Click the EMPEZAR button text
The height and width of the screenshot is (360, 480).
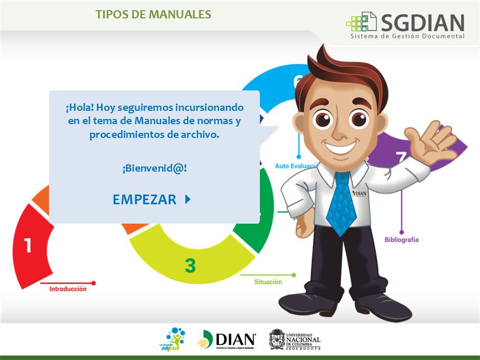point(145,200)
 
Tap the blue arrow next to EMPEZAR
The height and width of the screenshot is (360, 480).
point(187,199)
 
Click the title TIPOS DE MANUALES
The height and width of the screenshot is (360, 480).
point(153,14)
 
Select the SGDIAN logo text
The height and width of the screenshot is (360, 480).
point(422,22)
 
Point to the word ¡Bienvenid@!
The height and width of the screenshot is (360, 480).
point(154,168)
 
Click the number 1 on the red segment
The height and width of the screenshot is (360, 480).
point(28,246)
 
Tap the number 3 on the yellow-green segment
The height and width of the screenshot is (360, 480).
point(190,266)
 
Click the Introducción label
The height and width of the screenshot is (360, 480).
point(68,289)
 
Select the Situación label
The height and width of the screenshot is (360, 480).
point(268,281)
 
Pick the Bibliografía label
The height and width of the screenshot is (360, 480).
point(401,239)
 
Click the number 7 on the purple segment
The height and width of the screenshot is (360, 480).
point(401,157)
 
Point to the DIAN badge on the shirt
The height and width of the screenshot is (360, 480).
point(359,194)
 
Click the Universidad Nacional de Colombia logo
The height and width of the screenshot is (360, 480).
point(295,340)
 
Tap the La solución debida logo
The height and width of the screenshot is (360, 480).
point(173,340)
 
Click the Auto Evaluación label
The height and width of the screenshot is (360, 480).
point(296,166)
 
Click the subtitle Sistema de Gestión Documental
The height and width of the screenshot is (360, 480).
point(407,36)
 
